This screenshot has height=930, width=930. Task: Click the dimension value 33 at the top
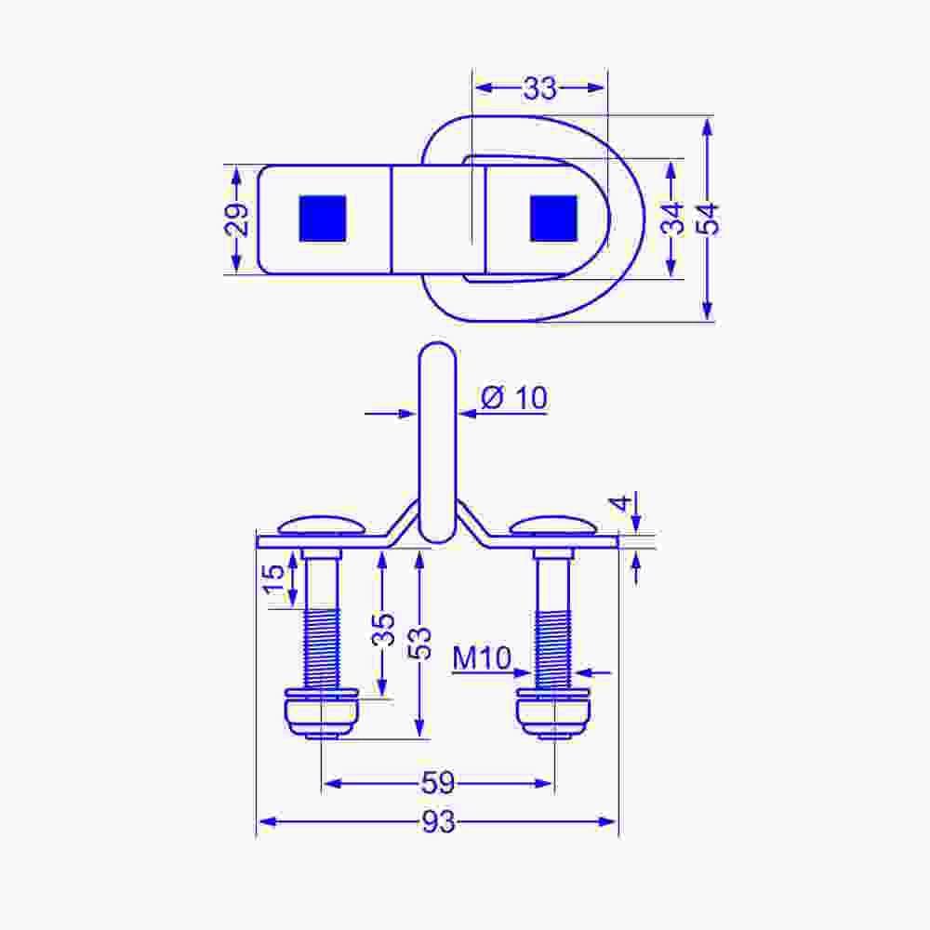[539, 88]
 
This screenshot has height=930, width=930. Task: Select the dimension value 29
[238, 219]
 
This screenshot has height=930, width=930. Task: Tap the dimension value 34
[672, 219]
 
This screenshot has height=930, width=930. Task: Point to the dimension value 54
[708, 219]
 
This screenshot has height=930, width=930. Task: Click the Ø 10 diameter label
[514, 397]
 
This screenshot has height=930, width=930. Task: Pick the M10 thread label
[482, 658]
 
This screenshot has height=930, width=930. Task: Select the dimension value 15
[273, 579]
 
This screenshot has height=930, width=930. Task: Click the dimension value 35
[382, 629]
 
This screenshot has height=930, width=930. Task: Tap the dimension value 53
[419, 643]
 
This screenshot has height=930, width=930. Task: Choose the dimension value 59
[438, 783]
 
